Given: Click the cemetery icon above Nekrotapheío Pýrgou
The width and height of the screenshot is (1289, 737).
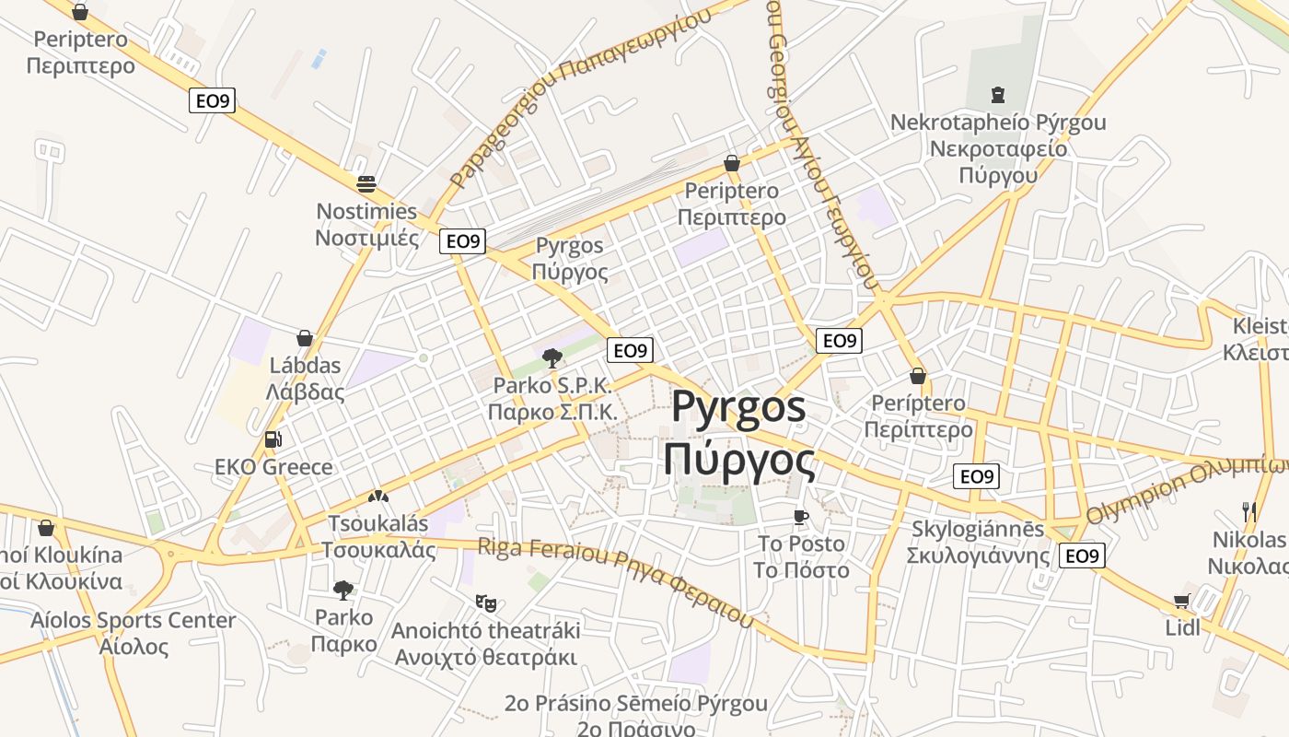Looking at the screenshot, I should coord(997,94).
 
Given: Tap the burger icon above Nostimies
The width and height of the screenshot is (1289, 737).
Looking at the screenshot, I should coord(366,183).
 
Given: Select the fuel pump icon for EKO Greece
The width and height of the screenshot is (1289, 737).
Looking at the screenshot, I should coord(273,439).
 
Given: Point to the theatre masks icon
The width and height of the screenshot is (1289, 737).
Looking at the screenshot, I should coord(485,603).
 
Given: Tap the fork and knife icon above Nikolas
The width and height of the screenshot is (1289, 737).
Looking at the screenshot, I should coord(1249,512).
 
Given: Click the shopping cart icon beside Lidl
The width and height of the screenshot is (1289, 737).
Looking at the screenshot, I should coord(1181,602).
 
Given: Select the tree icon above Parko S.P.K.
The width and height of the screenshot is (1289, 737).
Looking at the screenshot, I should coord(552,357).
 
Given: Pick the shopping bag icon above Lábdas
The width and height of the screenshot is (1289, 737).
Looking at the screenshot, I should coord(305,338).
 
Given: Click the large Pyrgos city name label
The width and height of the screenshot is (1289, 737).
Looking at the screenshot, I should coord(739,433).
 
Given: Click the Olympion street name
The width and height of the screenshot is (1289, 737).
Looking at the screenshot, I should coord(1188,485).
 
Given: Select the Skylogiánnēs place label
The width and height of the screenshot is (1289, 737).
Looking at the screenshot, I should coord(978,543).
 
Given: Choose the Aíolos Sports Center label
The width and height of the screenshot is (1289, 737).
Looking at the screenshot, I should coord(134,633).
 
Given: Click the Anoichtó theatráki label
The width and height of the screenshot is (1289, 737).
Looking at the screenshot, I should coord(486,644).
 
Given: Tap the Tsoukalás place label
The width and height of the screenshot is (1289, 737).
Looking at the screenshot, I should coord(378,536).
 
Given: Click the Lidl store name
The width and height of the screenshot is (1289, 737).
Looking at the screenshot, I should coord(1183,628).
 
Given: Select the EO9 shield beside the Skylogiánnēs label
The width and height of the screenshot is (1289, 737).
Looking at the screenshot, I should coord(1082,556).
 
